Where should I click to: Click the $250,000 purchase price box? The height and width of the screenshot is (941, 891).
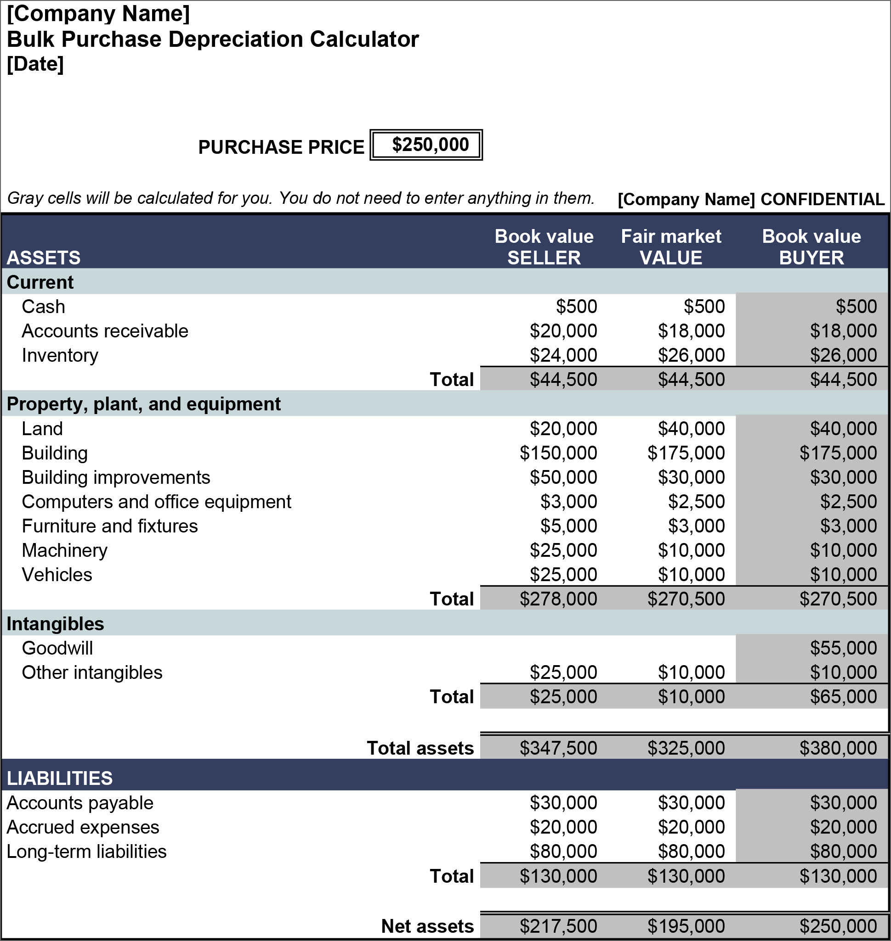point(426,145)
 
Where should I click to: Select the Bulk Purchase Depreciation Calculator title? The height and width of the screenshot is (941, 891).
point(212,39)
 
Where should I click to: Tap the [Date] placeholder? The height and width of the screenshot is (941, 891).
point(35,64)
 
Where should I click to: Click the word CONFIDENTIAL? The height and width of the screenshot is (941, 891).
point(822,199)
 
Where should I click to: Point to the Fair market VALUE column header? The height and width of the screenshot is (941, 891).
point(670,247)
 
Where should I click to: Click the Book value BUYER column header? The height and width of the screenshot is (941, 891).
point(811,247)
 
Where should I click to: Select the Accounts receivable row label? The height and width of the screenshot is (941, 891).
point(105,331)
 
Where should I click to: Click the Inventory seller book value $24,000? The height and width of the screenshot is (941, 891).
point(563,355)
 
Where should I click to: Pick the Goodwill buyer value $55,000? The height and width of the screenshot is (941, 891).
point(843,648)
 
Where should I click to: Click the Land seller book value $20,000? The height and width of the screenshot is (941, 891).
point(563,429)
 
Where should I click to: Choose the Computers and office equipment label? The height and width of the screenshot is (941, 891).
point(156,502)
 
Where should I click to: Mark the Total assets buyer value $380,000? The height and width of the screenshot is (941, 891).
point(838,748)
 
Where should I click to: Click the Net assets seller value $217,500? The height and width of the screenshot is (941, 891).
point(558,926)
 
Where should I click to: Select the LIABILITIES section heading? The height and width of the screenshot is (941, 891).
point(59,778)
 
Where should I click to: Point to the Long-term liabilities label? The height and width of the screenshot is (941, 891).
point(86,851)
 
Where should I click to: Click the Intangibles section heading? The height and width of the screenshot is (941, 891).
point(55,623)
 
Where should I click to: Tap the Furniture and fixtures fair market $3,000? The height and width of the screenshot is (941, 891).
point(696,526)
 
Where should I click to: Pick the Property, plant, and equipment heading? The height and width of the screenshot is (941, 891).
point(143,404)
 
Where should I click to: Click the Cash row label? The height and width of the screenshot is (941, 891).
point(43,307)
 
